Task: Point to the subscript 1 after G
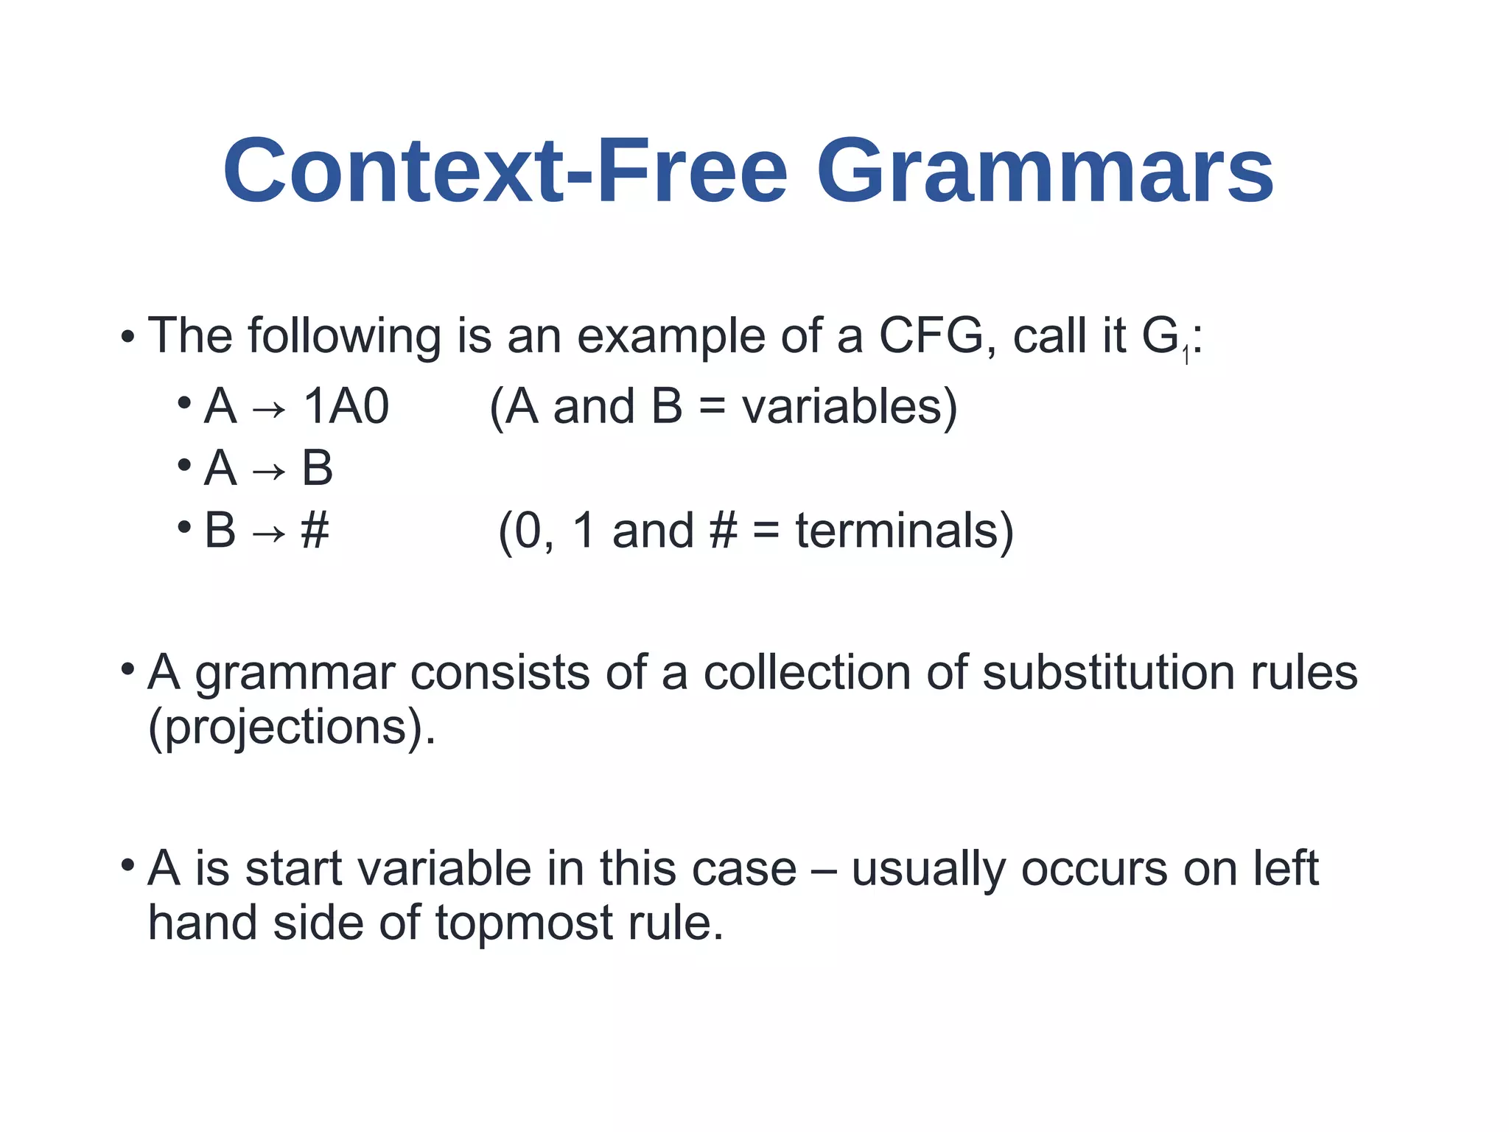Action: (x=1186, y=357)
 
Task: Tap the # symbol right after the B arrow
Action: (x=315, y=531)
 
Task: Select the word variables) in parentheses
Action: (x=849, y=407)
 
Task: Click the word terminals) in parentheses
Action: (x=904, y=531)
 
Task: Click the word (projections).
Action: (x=292, y=728)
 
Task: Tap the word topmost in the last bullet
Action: (x=524, y=923)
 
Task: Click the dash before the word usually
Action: (x=823, y=870)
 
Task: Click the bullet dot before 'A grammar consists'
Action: (x=128, y=669)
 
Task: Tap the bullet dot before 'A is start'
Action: (x=128, y=864)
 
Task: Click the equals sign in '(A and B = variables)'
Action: (x=712, y=408)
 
